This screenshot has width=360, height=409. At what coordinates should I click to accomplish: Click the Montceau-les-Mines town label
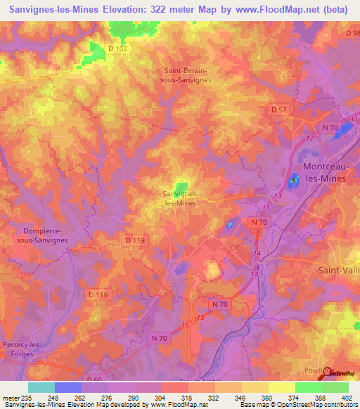[330, 172]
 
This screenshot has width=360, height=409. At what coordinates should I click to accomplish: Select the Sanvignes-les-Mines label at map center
[179, 197]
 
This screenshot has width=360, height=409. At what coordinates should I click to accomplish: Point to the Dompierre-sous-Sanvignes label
[45, 235]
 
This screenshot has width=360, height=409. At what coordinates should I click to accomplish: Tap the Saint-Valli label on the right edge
[339, 269]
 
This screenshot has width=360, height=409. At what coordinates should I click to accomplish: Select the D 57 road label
[280, 110]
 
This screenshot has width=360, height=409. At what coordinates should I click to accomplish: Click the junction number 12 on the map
[309, 138]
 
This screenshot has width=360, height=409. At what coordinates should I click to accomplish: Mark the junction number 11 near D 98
[353, 119]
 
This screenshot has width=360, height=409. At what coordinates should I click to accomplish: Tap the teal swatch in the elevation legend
[41, 387]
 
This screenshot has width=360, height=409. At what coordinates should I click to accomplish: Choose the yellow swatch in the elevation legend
[282, 387]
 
